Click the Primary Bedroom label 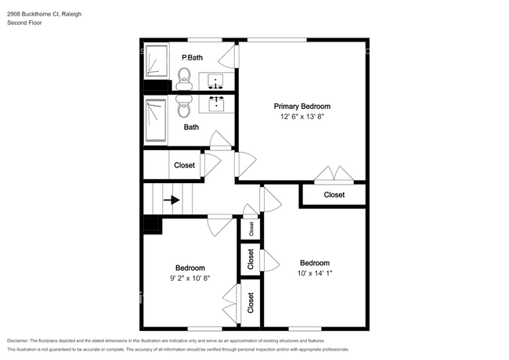(x=301, y=106)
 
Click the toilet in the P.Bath (x=184, y=77)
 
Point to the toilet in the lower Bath (x=184, y=105)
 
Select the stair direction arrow (x=171, y=200)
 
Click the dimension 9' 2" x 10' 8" (x=190, y=278)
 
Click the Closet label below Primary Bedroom (x=334, y=195)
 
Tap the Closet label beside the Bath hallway (x=185, y=165)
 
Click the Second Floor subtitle (x=25, y=23)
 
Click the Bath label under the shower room (x=191, y=127)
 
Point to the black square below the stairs (x=151, y=225)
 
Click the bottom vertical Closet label (x=251, y=303)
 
